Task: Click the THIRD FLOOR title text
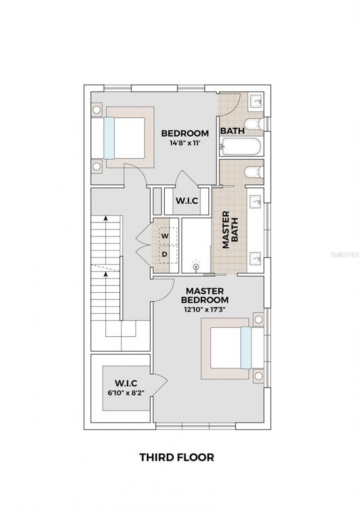[176, 457]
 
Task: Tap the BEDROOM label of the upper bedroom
[185, 133]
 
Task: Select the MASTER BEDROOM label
[205, 295]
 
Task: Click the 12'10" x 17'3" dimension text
[205, 309]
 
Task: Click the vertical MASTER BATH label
[230, 229]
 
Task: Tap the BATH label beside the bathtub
[232, 131]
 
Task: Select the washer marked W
[166, 236]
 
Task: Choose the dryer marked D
[165, 254]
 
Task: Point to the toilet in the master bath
[253, 172]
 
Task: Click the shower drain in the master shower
[196, 267]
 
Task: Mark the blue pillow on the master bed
[246, 348]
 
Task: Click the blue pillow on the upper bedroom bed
[109, 138]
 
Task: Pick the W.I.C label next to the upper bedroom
[187, 201]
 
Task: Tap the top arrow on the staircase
[106, 218]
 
